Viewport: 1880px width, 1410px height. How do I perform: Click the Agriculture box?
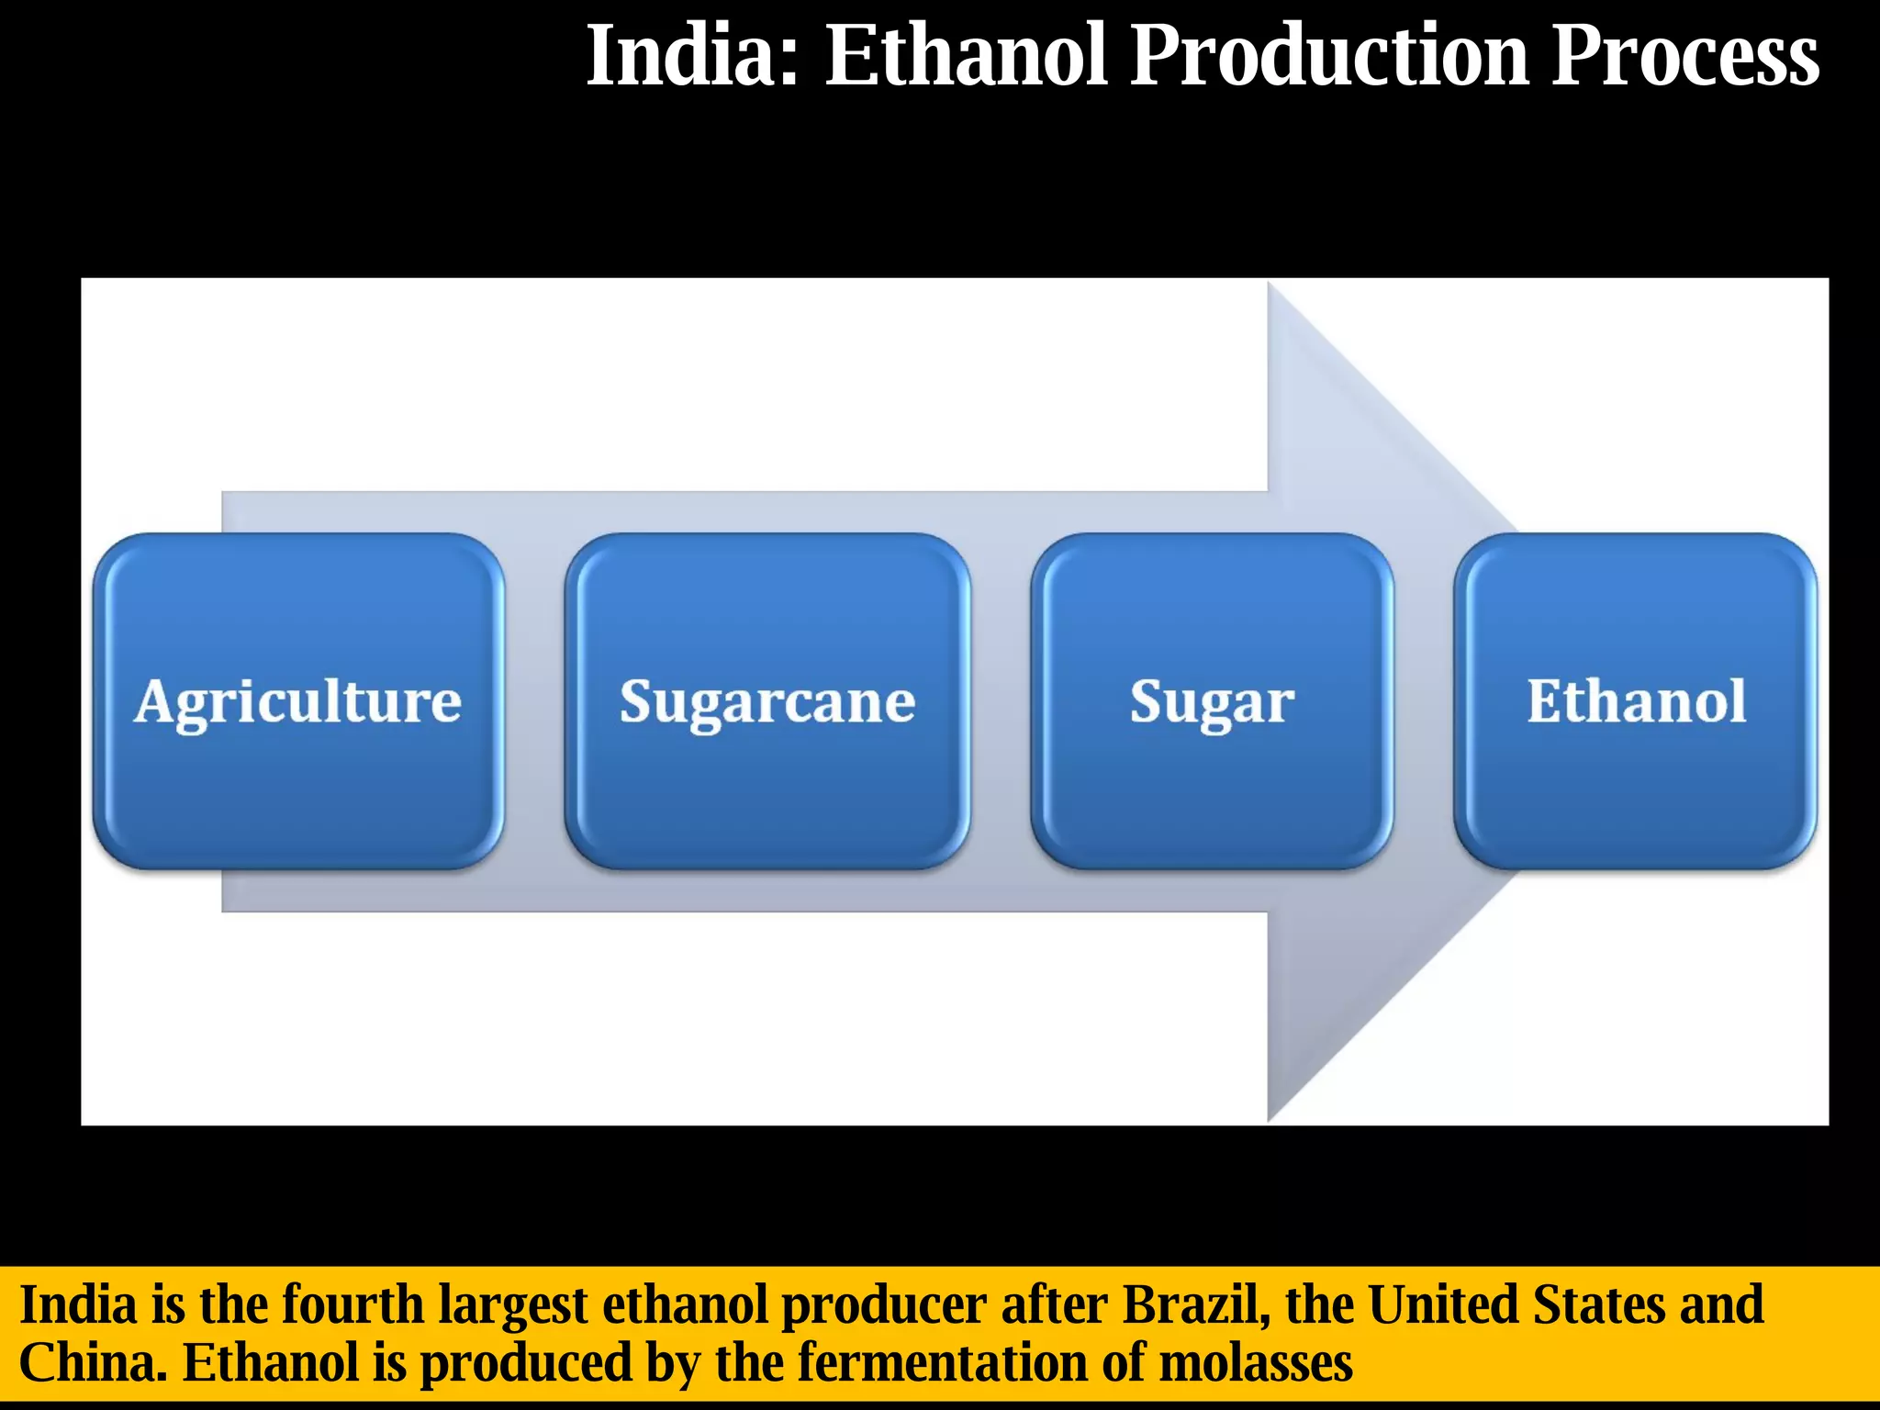(298, 701)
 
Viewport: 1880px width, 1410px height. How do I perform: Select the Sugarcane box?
(767, 701)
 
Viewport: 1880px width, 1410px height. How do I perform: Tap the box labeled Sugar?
(1212, 701)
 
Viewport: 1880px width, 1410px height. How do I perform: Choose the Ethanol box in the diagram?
(1636, 701)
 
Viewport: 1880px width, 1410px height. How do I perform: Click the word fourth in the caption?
(352, 1304)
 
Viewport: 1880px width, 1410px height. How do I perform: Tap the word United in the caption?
(1441, 1304)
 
